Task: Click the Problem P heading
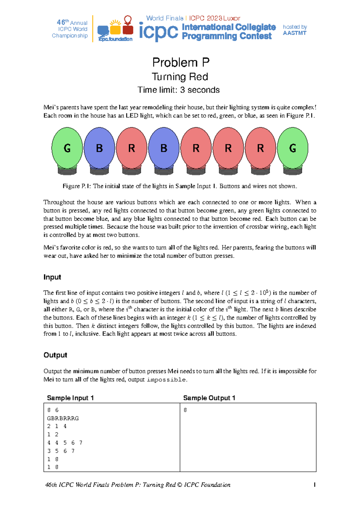click(181, 62)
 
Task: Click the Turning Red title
click(180, 77)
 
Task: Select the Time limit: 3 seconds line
click(178, 90)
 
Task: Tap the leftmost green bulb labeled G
click(67, 148)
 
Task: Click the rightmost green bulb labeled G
click(292, 148)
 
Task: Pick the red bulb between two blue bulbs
click(131, 148)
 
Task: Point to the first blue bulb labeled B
click(99, 148)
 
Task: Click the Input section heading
click(52, 277)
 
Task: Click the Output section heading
click(55, 355)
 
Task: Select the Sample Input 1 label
click(70, 398)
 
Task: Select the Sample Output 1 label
click(209, 398)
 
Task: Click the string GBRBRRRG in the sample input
click(63, 418)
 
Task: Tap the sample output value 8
click(185, 410)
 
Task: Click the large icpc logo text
click(159, 32)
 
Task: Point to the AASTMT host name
click(294, 33)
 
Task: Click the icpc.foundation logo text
click(115, 39)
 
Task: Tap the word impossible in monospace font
click(166, 380)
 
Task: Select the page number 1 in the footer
click(314, 485)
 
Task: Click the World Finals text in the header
click(165, 18)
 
